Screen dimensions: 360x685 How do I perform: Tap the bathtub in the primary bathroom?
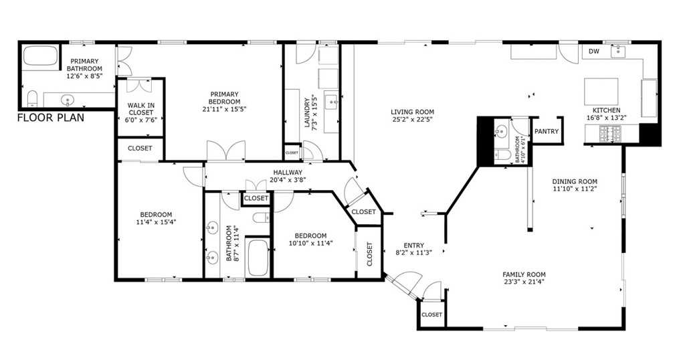pos(41,56)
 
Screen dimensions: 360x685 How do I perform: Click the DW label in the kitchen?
pos(593,52)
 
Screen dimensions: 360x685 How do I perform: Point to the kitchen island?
pos(601,90)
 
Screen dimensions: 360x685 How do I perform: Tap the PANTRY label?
pos(547,132)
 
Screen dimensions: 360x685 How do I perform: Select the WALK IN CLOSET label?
pos(140,113)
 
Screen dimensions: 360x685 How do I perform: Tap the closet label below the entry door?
pos(431,314)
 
